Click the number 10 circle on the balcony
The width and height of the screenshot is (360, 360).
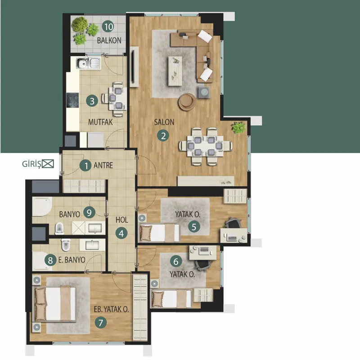point(108,27)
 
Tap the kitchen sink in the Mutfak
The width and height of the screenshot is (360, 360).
point(88,63)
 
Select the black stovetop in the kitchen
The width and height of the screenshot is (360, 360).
point(73,100)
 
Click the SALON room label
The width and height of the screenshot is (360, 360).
point(164,122)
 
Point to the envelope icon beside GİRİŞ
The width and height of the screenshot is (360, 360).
point(48,164)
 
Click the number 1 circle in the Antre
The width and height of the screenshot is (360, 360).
point(85,165)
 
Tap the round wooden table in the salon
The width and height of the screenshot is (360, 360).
point(187,102)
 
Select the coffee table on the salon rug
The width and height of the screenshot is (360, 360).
point(175,71)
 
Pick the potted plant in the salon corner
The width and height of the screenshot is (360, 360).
point(238,127)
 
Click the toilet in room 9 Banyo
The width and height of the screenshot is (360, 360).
point(59,228)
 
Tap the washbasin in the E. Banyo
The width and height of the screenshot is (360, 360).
point(92,245)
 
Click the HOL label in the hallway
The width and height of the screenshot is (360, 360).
point(121,220)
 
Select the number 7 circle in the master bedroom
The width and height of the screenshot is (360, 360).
point(100,323)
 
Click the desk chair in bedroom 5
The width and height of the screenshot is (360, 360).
point(233,223)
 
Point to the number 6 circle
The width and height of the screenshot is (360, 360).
point(176,261)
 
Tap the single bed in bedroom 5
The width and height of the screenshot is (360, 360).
point(159,233)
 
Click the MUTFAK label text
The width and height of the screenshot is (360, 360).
point(100,122)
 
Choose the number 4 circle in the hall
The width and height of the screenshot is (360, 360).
point(121,233)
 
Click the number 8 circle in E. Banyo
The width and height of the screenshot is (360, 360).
point(50,260)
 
